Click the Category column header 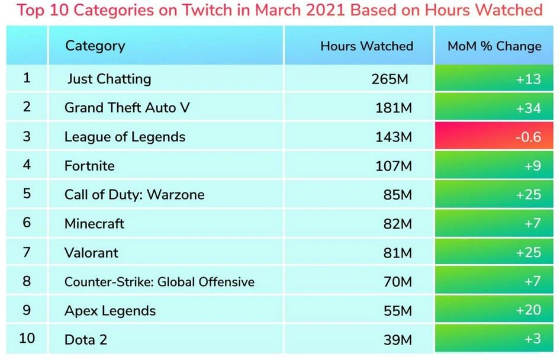pos(95,46)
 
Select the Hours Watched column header pos(366,46)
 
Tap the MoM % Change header pos(494,46)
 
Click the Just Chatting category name pos(109,79)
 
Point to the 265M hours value pos(389,79)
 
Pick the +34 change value pos(528,108)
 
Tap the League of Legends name pos(125,137)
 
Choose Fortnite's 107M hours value pos(392,166)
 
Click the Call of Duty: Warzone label pos(134,195)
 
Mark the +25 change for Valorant pos(528,253)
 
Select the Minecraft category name pos(95,224)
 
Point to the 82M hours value pos(397,224)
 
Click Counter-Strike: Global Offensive pos(159,282)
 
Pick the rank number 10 pos(27,338)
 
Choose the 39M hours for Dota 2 pos(397,340)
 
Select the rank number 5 pos(27,194)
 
